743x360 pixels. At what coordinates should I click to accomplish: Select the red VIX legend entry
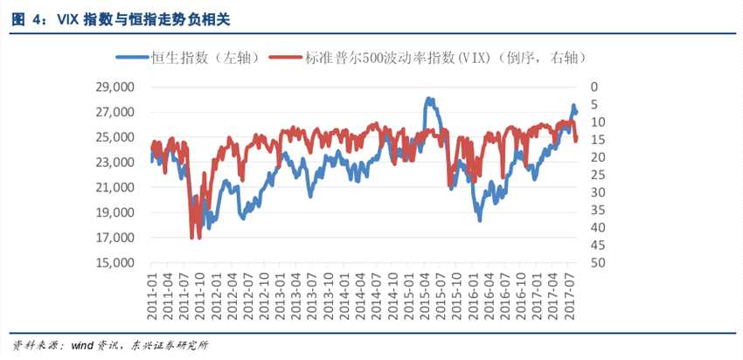428,58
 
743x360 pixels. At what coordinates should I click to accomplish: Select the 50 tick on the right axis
596,262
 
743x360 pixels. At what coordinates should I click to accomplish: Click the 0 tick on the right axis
594,87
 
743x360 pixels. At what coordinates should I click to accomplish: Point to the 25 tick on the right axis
596,175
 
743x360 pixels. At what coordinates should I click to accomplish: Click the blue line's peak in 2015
429,99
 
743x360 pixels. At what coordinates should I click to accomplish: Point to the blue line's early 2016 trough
479,220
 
